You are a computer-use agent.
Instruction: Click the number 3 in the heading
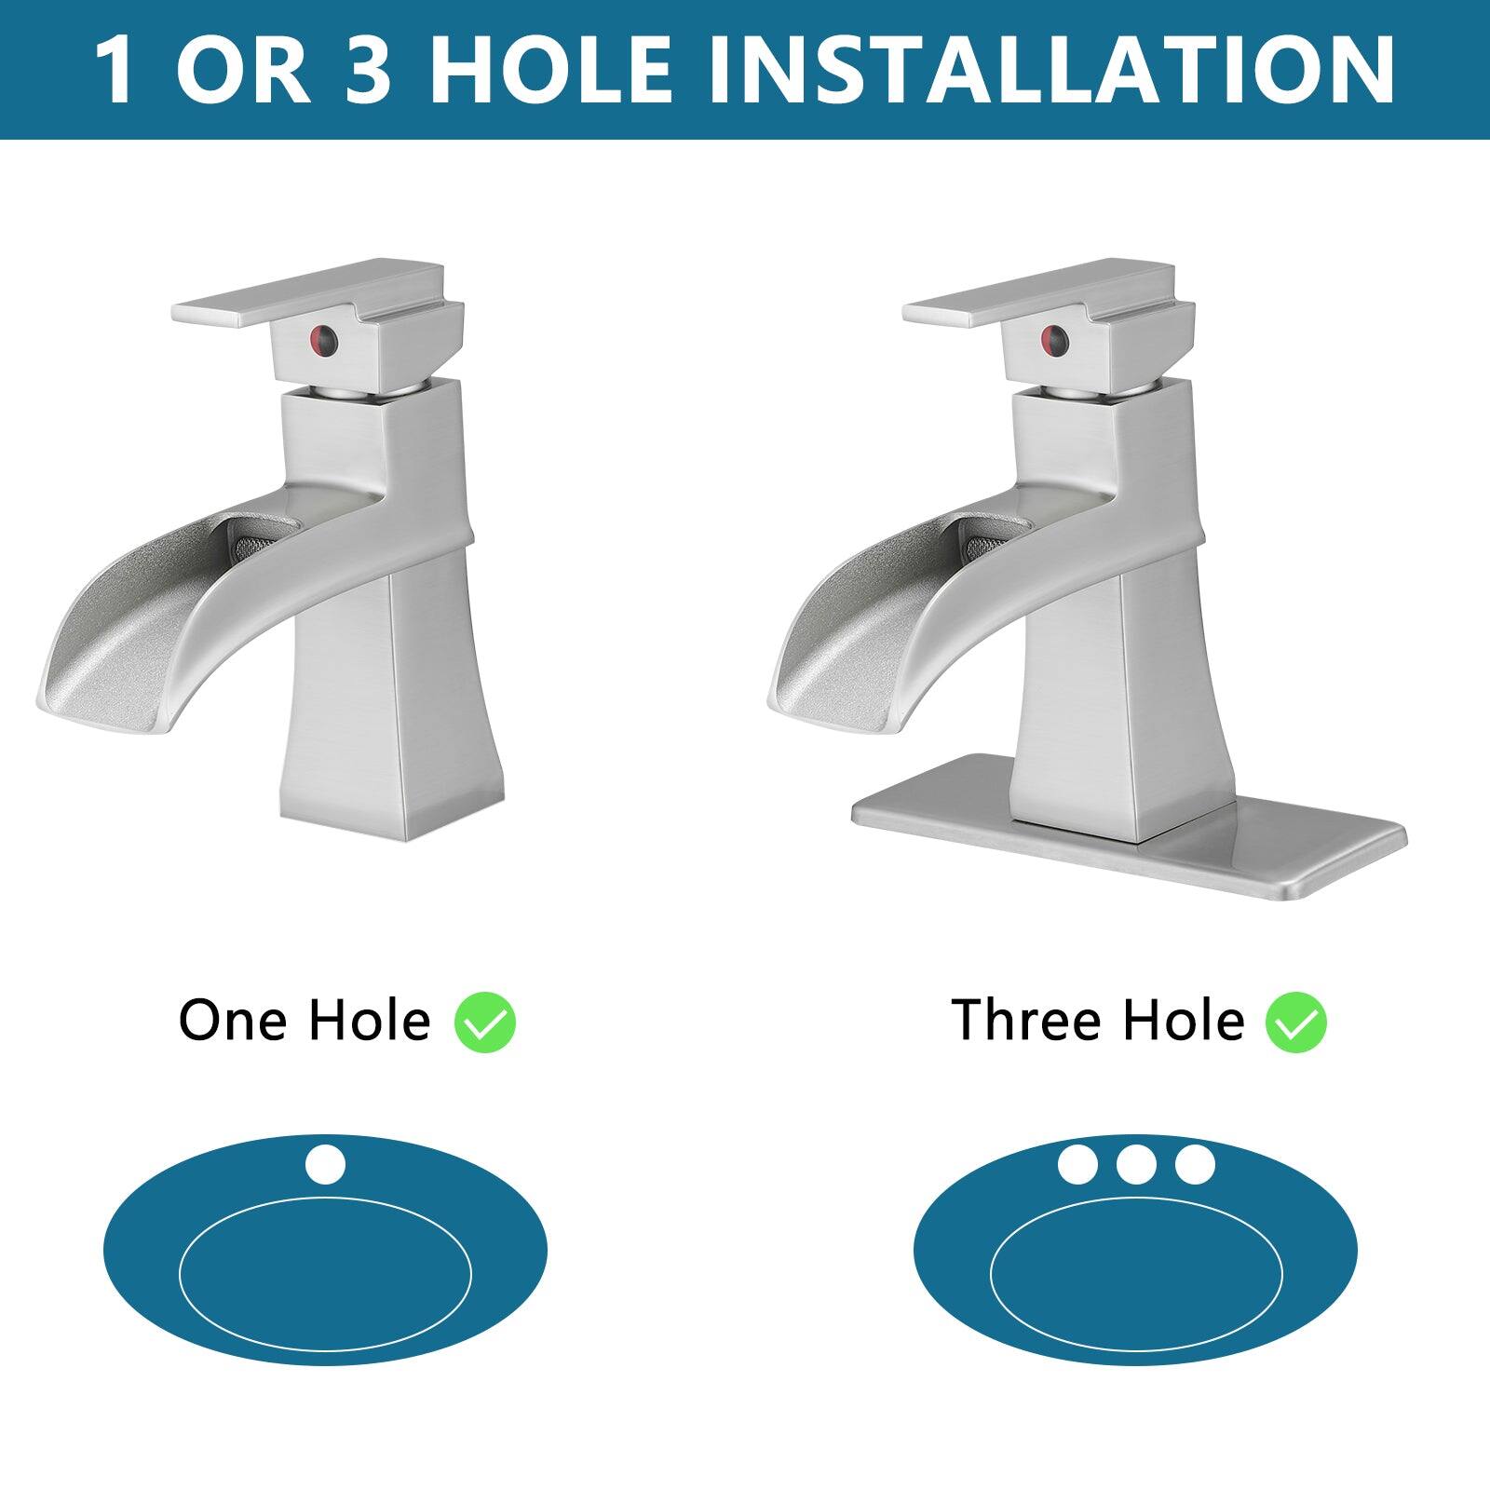tap(368, 70)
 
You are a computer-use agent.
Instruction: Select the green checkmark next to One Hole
tap(484, 1023)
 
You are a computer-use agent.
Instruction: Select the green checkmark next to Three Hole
tap(1295, 1023)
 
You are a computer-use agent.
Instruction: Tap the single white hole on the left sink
tap(325, 1165)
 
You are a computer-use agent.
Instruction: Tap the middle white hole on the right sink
tap(1136, 1164)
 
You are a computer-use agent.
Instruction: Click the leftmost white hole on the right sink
tap(1077, 1164)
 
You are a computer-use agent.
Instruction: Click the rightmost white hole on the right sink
tap(1195, 1164)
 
